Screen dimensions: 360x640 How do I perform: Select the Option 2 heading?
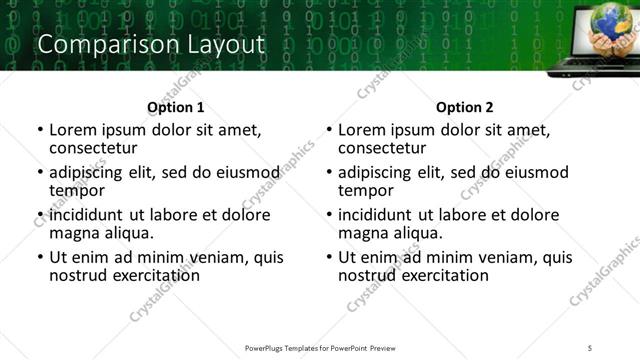(464, 107)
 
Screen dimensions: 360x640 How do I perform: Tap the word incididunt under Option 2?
(379, 215)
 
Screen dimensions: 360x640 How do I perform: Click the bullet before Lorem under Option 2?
(329, 131)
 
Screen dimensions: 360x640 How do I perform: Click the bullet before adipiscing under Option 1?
(40, 173)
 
